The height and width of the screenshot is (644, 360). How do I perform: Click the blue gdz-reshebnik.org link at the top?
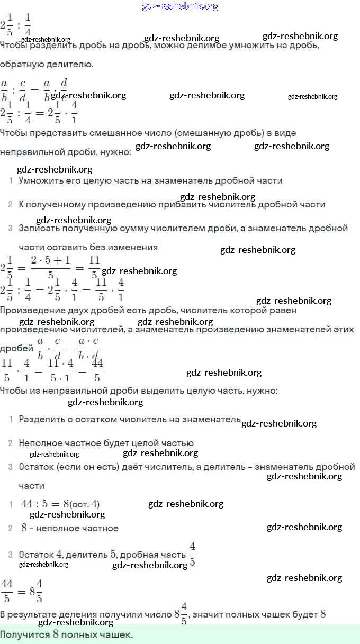180,6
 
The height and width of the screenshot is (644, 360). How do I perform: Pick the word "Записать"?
39,229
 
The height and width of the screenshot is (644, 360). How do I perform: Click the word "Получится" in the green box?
25,634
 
